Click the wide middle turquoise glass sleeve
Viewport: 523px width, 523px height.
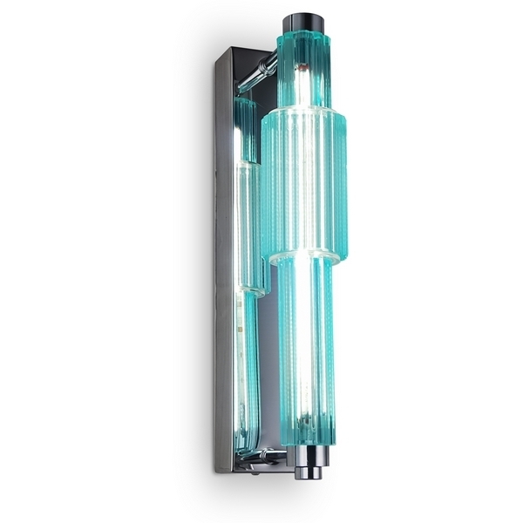click(304, 183)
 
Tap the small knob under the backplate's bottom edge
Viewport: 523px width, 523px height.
click(254, 471)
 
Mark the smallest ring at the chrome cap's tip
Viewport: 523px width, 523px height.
click(306, 476)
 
